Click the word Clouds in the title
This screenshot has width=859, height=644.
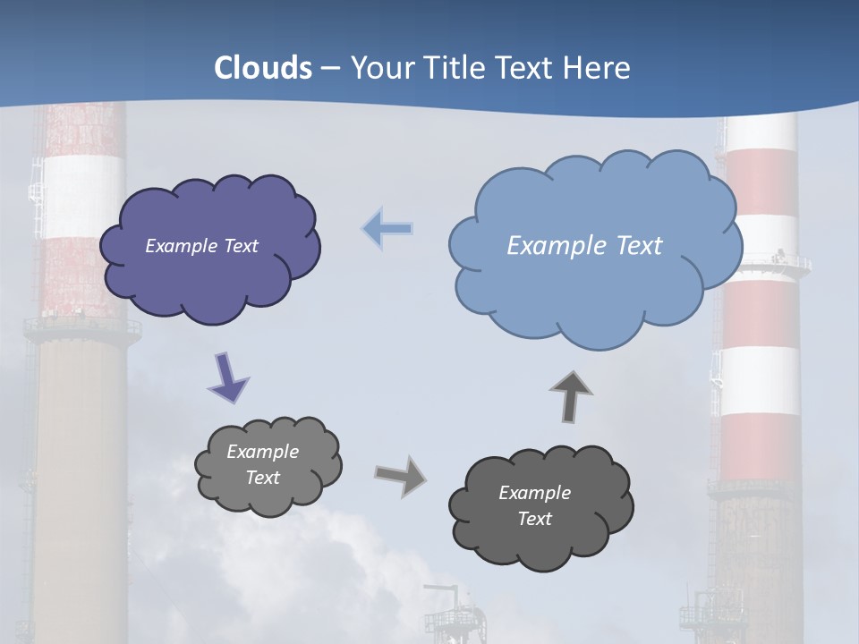(x=263, y=68)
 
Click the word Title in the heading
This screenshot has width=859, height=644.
(x=454, y=68)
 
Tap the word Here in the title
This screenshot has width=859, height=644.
(x=597, y=68)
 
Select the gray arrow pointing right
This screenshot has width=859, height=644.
(x=401, y=475)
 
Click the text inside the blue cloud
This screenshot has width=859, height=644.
(x=584, y=245)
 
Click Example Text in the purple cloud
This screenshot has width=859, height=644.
(x=201, y=245)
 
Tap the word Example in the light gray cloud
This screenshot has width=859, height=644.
(x=262, y=452)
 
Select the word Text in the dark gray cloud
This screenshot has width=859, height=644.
(x=534, y=519)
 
